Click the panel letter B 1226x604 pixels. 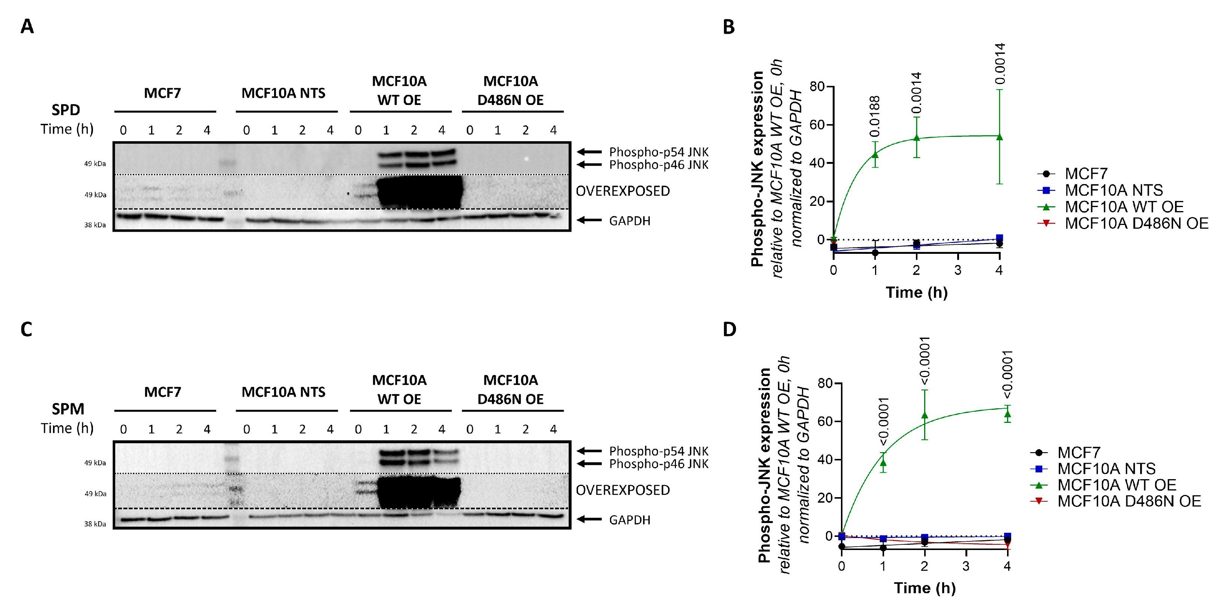(728, 27)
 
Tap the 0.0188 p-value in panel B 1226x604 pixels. (875, 117)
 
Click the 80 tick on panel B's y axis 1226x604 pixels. (817, 87)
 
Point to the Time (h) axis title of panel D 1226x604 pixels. (925, 588)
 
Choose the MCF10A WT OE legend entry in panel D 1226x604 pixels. (1117, 485)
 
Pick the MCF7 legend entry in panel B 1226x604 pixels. (1086, 174)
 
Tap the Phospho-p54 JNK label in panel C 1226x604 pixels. (659, 451)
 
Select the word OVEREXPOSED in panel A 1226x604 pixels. (622, 191)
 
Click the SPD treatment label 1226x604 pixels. (66, 110)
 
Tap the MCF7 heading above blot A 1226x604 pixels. (162, 93)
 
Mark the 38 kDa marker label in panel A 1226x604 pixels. (95, 225)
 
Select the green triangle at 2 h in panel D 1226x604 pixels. (925, 415)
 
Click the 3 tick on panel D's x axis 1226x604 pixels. (966, 566)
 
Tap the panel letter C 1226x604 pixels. (26, 329)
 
